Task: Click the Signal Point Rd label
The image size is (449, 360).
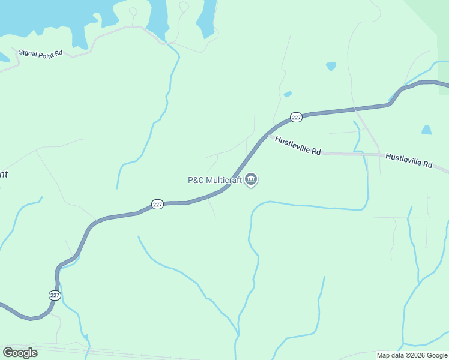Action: pos(41,53)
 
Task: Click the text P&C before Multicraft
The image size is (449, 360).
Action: pos(196,179)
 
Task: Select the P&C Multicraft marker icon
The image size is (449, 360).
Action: pos(252,179)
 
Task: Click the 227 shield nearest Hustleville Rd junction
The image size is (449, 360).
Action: pos(296,118)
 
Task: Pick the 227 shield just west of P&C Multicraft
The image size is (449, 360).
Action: pos(157,205)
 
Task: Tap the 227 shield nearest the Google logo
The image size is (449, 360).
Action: pos(55,295)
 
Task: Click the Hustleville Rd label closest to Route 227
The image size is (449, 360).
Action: pos(298,146)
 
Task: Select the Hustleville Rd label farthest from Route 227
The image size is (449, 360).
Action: pos(409,160)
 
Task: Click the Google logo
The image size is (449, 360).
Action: pos(20,353)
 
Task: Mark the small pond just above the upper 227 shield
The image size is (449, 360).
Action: pos(288,94)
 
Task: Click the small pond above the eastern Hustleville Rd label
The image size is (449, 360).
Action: pos(426,130)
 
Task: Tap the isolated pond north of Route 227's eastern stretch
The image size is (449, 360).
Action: pos(331,66)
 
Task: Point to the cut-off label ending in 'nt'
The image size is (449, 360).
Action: pos(3,174)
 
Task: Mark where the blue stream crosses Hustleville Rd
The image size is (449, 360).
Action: pos(364,154)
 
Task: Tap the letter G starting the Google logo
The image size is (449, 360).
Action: pos(7,353)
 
